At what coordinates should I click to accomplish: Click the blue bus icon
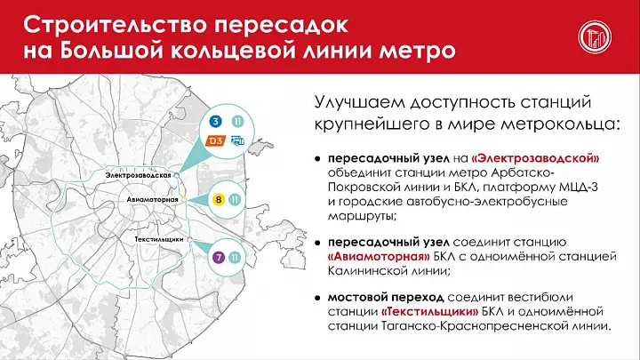click(236, 140)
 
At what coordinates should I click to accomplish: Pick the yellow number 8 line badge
click(219, 201)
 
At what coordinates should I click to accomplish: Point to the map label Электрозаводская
click(139, 176)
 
